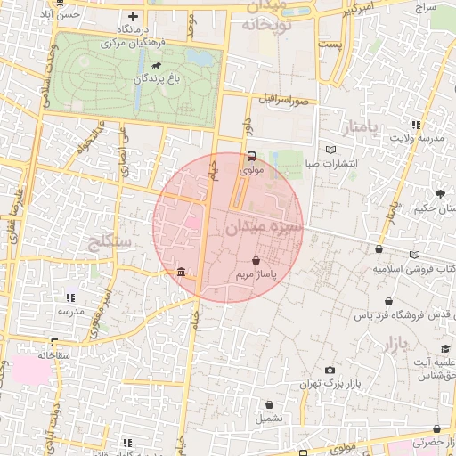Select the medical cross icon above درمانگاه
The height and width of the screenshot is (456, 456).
click(x=134, y=16)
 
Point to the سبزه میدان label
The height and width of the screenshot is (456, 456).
click(x=265, y=227)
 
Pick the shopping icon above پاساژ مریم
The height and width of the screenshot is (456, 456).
click(x=256, y=261)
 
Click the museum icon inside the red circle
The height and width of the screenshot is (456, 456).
click(x=182, y=271)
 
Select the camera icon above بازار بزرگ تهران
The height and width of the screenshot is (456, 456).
click(x=330, y=370)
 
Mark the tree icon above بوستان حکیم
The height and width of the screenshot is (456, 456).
click(x=440, y=193)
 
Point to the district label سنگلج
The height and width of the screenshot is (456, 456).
click(x=110, y=241)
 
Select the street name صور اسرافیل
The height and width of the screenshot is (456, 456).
click(x=285, y=100)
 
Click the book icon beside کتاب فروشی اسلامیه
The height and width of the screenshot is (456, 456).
click(x=415, y=255)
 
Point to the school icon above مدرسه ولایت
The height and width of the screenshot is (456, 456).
click(x=416, y=125)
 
